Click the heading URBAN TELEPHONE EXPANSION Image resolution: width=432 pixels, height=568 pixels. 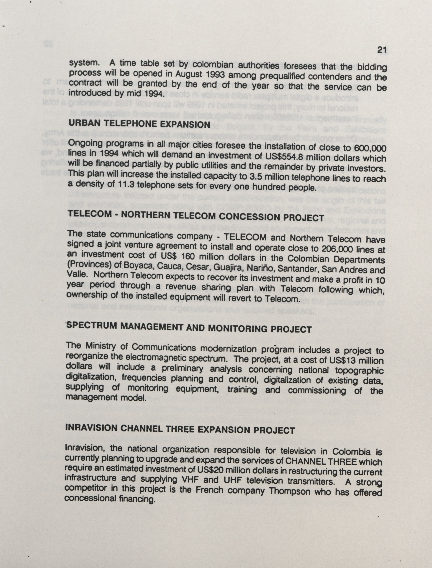point(139,124)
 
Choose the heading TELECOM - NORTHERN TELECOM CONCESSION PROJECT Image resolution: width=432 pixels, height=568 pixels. point(196,216)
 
